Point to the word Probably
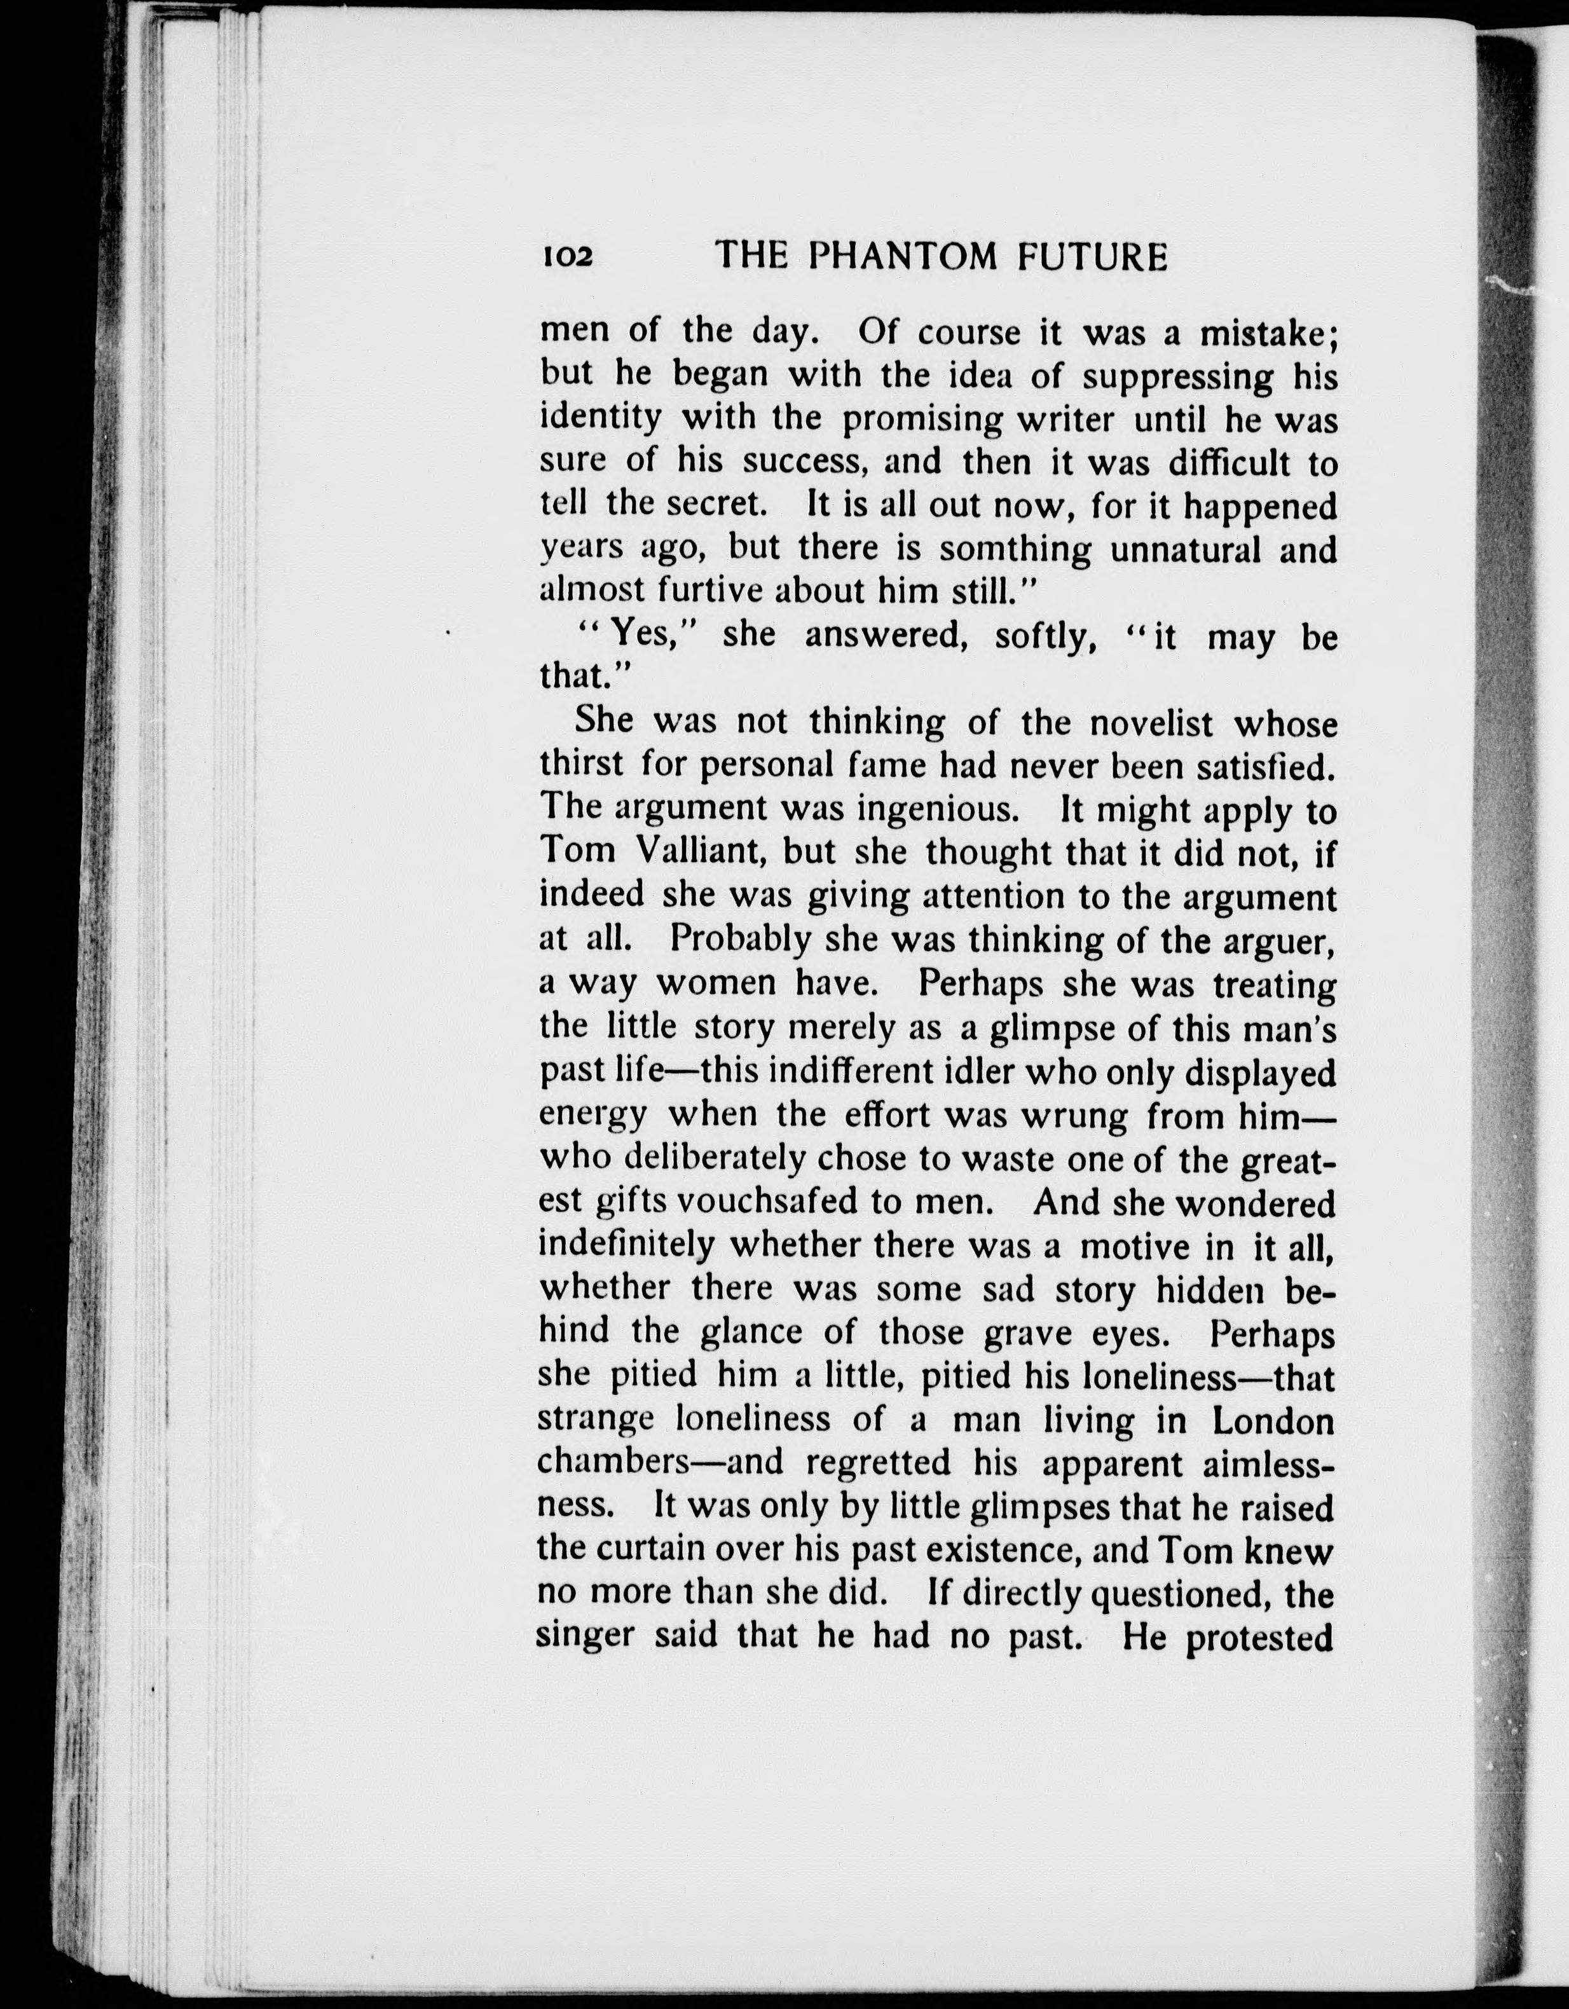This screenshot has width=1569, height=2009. [x=741, y=938]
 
